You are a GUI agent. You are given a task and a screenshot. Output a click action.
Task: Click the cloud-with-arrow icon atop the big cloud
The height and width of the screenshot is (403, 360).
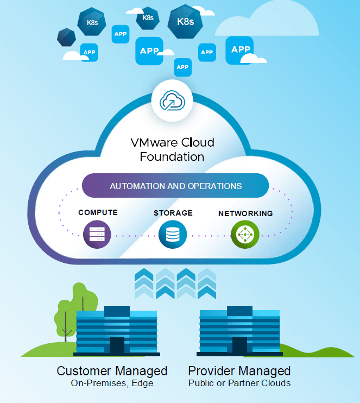tap(172, 100)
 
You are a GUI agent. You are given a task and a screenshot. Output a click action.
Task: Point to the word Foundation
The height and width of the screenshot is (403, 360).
tap(172, 157)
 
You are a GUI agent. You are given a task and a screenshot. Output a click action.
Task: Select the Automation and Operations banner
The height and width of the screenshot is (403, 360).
tap(175, 186)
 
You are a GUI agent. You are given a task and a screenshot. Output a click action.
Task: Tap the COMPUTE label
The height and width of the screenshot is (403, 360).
tap(98, 212)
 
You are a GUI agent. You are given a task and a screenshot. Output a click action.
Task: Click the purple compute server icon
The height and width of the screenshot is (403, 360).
tap(97, 235)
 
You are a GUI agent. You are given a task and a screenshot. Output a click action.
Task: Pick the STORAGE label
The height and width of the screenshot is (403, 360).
tap(173, 212)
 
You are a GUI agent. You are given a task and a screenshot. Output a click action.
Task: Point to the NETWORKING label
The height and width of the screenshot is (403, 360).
tap(245, 213)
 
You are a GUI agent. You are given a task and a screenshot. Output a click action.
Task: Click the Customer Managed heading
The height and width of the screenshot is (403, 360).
tap(112, 371)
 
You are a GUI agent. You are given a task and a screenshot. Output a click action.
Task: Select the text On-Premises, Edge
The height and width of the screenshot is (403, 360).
tap(112, 383)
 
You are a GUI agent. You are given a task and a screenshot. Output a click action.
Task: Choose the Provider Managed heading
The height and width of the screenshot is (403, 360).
tap(239, 371)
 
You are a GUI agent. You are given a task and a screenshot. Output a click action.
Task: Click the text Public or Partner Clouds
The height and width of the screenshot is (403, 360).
tap(239, 383)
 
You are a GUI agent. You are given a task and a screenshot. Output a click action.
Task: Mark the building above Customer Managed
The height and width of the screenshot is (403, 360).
tap(116, 331)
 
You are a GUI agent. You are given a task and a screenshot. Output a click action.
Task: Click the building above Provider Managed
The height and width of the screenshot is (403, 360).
tap(239, 331)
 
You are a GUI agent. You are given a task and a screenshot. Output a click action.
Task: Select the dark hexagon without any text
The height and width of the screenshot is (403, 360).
tap(66, 37)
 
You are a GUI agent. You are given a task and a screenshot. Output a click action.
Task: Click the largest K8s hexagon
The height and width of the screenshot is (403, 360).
tap(185, 22)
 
